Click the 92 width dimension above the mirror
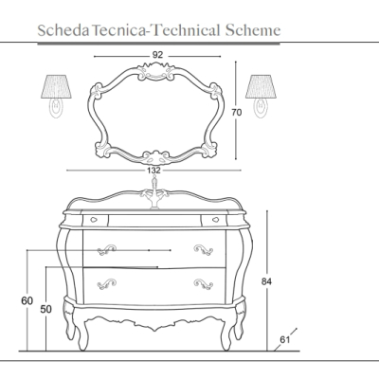coord(157,55)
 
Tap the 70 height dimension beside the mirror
coord(237,112)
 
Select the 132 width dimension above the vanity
coord(153,171)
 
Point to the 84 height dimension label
coord(266,281)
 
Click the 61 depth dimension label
coord(284,340)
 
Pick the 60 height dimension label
coord(27,301)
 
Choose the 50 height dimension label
coord(45,309)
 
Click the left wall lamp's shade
coord(56,86)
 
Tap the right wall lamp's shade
coord(261,86)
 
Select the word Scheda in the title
coord(63,30)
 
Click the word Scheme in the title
coord(253,30)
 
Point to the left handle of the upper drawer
coord(106,250)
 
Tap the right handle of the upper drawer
coord(203,249)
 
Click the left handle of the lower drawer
coord(106,283)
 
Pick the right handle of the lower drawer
coord(203,283)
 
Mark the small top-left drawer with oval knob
coord(96,220)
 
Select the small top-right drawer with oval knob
coord(214,220)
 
